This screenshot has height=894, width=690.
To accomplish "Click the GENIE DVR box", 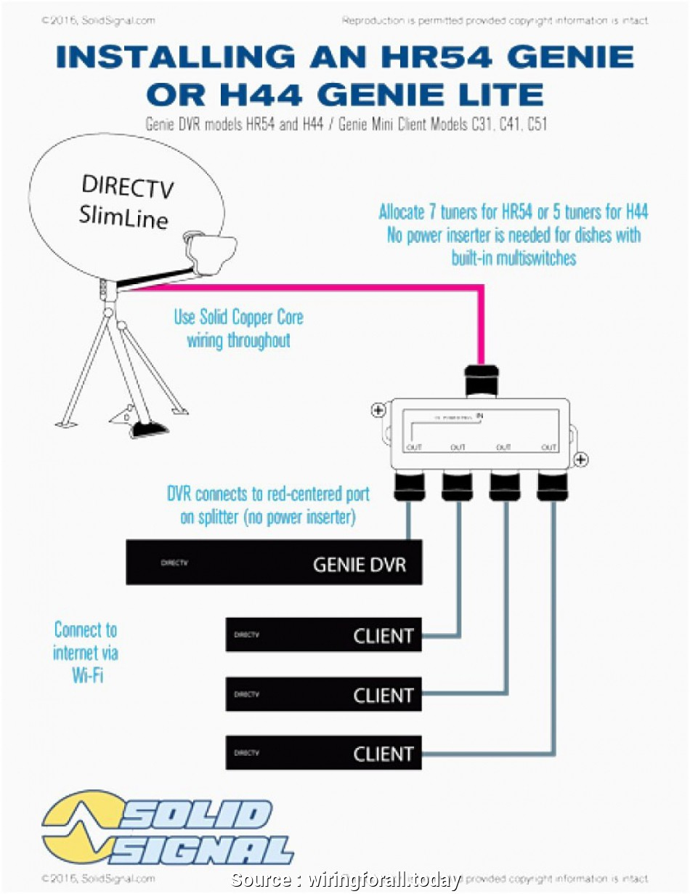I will tap(274, 562).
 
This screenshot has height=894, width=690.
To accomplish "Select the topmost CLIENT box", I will tap(323, 635).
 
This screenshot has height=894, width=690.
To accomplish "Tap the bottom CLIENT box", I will tap(323, 753).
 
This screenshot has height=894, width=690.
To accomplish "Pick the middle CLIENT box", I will tap(323, 694).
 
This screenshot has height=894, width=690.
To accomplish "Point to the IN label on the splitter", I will tap(480, 415).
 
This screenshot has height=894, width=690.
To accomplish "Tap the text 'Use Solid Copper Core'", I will tap(238, 318).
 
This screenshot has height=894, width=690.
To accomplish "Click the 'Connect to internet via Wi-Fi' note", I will tap(86, 652).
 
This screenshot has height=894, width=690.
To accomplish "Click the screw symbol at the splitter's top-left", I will tap(378, 410).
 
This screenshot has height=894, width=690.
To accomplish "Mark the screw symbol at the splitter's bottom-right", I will tap(581, 459).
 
